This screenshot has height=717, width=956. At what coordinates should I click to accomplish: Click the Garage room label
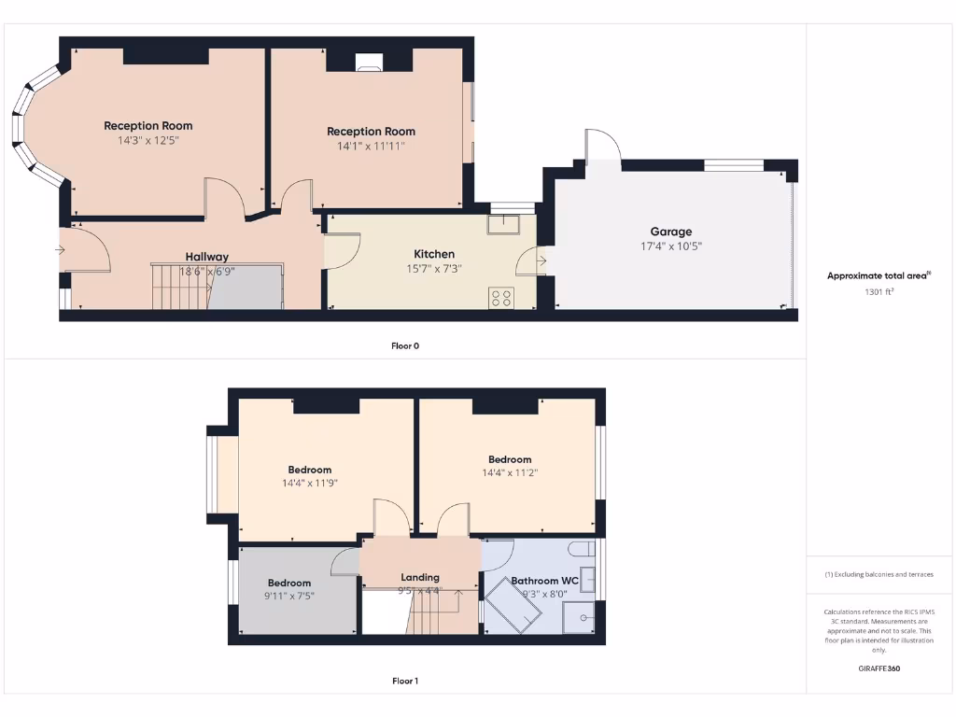(x=671, y=232)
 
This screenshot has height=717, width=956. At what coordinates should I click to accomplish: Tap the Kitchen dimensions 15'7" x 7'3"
(x=434, y=269)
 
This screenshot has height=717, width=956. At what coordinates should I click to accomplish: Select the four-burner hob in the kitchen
(x=500, y=298)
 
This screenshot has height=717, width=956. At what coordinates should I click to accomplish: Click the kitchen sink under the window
(x=502, y=224)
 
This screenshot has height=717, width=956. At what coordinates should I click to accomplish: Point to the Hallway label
(x=206, y=257)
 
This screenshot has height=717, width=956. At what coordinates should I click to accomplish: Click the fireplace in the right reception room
(x=369, y=63)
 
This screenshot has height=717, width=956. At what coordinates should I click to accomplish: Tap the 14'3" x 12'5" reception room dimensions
(x=148, y=141)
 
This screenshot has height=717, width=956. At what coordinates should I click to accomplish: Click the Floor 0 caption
(x=405, y=345)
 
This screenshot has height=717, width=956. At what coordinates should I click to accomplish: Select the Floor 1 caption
(x=405, y=681)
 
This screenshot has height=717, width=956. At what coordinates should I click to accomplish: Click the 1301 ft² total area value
(x=879, y=291)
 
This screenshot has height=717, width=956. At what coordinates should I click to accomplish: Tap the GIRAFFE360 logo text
(x=879, y=668)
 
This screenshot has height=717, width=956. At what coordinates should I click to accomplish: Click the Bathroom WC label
(x=544, y=581)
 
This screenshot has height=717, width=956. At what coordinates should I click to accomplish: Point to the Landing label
(x=420, y=577)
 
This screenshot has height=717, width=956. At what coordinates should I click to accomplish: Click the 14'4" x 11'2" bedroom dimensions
(x=510, y=473)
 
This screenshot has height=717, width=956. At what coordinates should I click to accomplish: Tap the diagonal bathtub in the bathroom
(x=513, y=604)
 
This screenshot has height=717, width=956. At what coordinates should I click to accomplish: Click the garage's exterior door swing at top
(x=602, y=148)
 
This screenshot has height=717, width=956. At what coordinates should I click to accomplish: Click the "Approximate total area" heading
(x=878, y=275)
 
